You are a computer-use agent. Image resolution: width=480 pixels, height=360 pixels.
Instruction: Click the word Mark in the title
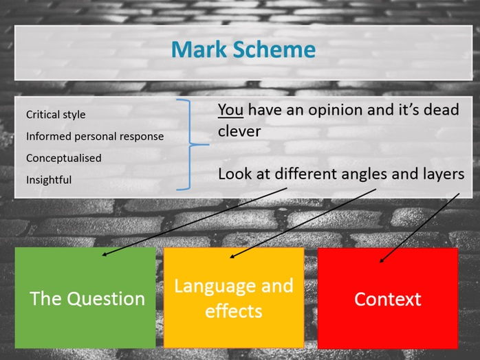tap(199, 49)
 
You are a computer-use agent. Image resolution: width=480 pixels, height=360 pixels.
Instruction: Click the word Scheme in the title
tap(274, 49)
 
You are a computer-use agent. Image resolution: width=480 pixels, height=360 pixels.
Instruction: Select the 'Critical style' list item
tap(56, 115)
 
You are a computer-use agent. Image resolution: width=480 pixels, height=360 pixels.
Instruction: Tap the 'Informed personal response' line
tap(95, 137)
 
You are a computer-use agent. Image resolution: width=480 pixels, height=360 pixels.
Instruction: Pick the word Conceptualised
tap(64, 158)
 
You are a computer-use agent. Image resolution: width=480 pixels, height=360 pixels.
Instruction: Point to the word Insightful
tap(49, 180)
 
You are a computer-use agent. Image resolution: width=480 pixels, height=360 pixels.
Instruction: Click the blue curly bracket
tap(190, 145)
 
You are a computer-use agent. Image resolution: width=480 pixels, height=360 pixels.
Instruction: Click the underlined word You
tap(230, 110)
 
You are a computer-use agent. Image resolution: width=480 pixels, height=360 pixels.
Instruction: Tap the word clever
tap(239, 131)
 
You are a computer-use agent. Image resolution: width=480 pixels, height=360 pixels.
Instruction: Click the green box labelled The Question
tap(85, 297)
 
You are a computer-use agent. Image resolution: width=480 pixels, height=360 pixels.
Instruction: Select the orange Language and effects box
tap(234, 297)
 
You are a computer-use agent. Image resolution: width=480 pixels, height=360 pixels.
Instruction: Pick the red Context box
tap(388, 298)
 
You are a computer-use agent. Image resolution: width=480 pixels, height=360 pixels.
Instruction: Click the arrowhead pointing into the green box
tap(104, 254)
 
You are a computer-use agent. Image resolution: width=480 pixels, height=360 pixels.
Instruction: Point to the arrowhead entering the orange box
tap(232, 257)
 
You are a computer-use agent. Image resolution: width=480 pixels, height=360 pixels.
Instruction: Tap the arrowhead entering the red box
tap(382, 260)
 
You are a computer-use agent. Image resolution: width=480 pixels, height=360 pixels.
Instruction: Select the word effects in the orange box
tap(234, 311)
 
